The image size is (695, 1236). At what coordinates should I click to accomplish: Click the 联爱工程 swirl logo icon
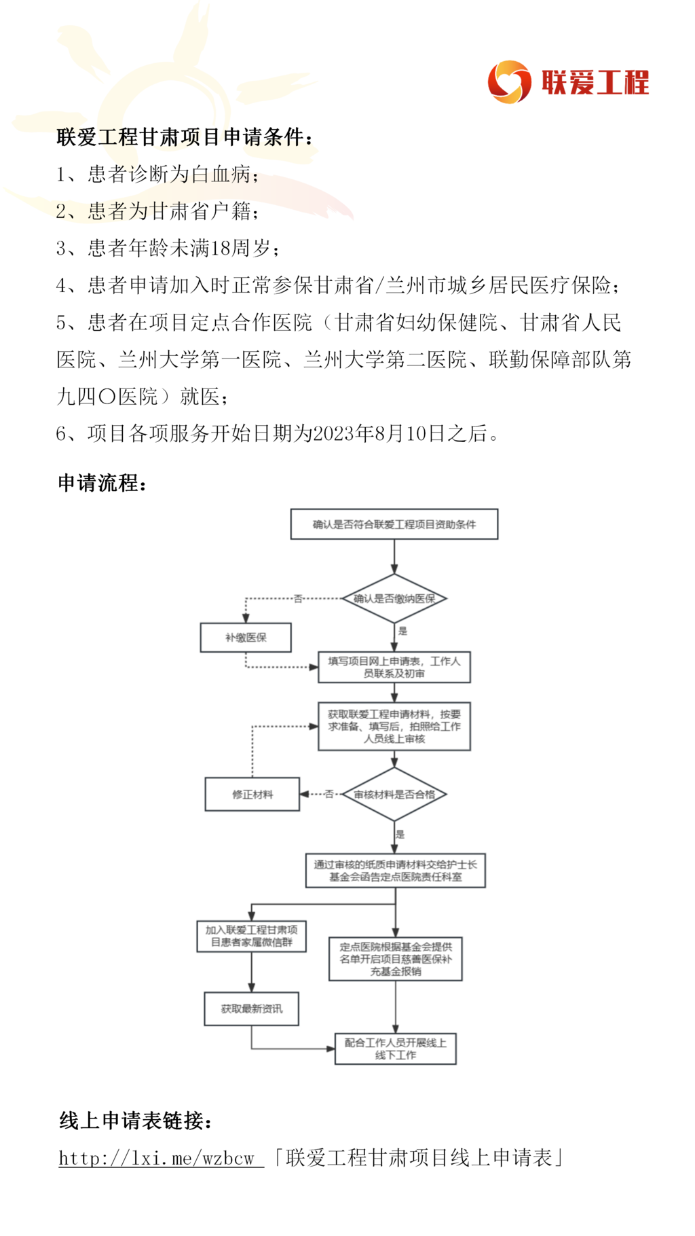509,82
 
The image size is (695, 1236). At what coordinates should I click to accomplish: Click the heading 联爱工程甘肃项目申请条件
180,137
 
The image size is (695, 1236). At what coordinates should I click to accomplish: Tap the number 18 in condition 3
221,249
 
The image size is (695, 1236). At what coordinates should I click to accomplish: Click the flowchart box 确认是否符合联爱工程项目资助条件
394,524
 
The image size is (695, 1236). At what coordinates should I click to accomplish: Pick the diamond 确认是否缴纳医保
394,598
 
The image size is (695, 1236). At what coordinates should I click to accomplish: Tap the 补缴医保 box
246,638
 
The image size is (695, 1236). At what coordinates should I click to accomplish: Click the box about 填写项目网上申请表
394,667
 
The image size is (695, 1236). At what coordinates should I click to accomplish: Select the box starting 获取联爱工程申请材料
394,726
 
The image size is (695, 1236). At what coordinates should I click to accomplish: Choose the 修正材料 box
252,794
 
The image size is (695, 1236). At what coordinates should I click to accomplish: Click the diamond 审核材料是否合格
394,794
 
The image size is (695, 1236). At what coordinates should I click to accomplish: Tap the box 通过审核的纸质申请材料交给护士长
396,871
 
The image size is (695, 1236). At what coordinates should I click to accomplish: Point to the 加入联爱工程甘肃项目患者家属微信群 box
252,936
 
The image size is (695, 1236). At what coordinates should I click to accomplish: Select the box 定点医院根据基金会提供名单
396,959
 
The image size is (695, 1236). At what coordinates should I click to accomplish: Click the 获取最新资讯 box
252,1008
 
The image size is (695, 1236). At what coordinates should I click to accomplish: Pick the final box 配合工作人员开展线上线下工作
396,1049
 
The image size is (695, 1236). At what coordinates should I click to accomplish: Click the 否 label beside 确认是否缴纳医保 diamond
297,598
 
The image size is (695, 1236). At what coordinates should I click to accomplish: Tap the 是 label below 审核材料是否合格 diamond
400,834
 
